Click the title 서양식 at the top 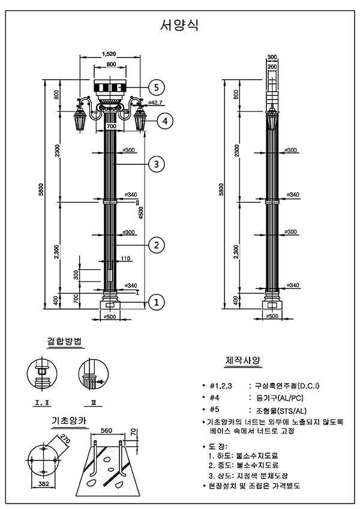pyautogui.click(x=179, y=25)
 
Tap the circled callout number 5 pyautogui.click(x=156, y=88)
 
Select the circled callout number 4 pyautogui.click(x=166, y=121)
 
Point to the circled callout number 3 pyautogui.click(x=156, y=164)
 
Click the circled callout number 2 pyautogui.click(x=156, y=245)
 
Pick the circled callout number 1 pyautogui.click(x=156, y=302)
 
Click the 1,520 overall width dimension pyautogui.click(x=109, y=53)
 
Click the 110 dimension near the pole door pyautogui.click(x=125, y=258)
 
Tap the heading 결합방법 pyautogui.click(x=65, y=342)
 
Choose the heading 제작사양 pyautogui.click(x=242, y=361)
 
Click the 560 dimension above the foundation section pyautogui.click(x=107, y=431)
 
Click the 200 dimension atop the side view pyautogui.click(x=272, y=67)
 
